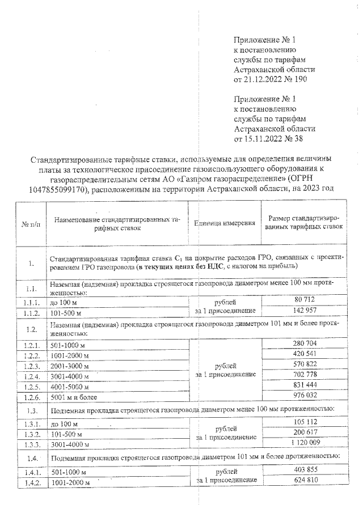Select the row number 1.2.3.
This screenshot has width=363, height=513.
29,366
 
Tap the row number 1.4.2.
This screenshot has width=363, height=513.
29,482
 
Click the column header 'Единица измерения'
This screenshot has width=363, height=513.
224,223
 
